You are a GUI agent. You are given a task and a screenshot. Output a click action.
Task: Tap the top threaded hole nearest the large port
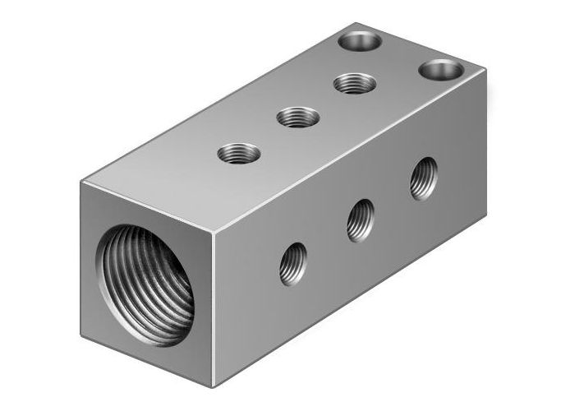click(x=239, y=153)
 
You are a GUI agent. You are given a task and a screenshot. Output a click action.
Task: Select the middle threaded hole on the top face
click(x=297, y=118)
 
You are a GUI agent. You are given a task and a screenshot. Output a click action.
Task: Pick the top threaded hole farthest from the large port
click(x=355, y=83)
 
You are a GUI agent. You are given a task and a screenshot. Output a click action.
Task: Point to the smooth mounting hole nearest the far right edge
click(x=441, y=69)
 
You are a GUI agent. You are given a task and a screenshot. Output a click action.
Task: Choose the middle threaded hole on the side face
click(x=361, y=219)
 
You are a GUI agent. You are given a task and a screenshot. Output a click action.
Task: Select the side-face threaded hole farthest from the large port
click(x=424, y=178)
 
